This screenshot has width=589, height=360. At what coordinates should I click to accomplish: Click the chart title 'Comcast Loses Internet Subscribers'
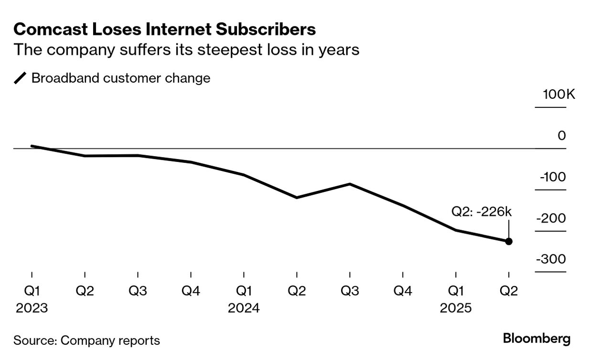click(165, 30)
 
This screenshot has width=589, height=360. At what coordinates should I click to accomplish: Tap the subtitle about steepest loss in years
click(186, 50)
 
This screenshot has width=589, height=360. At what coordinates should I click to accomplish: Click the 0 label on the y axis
click(562, 136)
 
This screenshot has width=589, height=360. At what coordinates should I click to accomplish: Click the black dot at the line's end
click(509, 242)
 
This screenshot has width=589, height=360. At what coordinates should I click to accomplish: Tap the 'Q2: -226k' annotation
click(482, 212)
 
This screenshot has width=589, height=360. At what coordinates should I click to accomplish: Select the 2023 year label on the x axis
click(32, 308)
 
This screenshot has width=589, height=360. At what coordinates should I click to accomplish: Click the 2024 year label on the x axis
click(244, 308)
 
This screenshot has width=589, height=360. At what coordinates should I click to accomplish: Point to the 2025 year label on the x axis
click(456, 308)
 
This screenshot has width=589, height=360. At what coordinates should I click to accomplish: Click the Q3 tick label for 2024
click(350, 291)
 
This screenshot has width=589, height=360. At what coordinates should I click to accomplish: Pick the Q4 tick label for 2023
click(191, 291)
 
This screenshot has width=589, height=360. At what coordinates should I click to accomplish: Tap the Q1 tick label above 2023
click(32, 291)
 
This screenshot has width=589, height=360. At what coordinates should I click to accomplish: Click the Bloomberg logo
click(537, 339)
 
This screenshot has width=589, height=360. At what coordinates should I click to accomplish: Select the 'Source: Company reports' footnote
click(86, 340)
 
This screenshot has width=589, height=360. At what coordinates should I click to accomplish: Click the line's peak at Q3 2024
click(350, 184)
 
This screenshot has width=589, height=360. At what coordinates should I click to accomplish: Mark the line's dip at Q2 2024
click(297, 198)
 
